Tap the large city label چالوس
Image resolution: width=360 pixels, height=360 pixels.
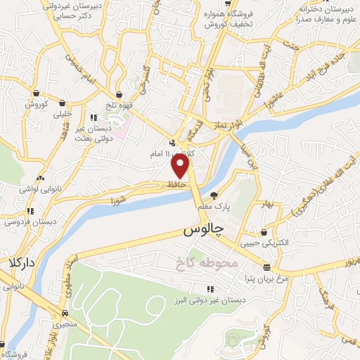coord(204,229)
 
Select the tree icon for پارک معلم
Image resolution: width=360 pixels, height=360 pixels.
coord(214,195)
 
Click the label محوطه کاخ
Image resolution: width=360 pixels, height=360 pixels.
coord(209,262)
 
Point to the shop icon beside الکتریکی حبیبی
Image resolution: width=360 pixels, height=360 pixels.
coord(264,233)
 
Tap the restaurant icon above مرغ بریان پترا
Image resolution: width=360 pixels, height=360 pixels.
coord(266,266)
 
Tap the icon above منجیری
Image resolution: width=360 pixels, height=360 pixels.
coord(65,314)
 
